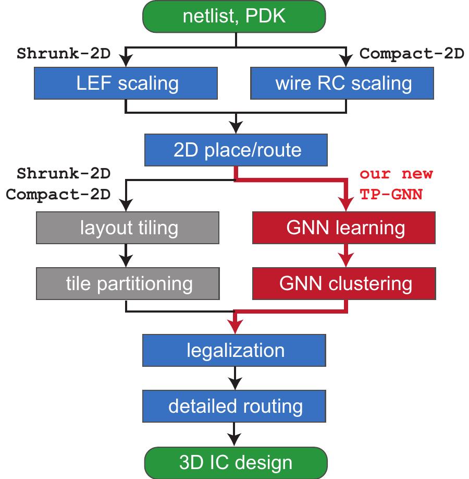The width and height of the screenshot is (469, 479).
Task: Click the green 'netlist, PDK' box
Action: pyautogui.click(x=234, y=17)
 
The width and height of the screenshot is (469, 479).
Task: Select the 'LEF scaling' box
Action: pyautogui.click(x=126, y=83)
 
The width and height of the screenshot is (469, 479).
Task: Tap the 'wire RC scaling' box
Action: pyautogui.click(x=343, y=83)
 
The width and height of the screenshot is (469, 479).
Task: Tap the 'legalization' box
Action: pyautogui.click(x=235, y=350)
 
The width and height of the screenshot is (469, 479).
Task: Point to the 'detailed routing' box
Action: pyautogui.click(x=235, y=406)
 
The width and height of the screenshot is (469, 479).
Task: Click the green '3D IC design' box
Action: pyautogui.click(x=235, y=462)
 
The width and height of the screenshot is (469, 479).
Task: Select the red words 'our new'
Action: pyautogui.click(x=396, y=173)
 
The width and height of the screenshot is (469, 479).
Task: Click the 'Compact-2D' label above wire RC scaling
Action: pyautogui.click(x=412, y=54)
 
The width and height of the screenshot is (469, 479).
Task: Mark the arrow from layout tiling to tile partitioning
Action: pyautogui.click(x=126, y=256)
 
